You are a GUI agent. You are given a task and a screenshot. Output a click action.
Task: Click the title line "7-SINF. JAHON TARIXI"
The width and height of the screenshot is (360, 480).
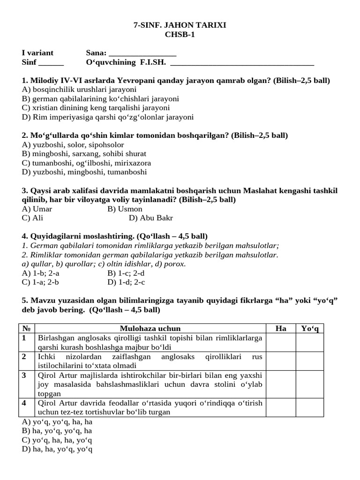[x=180, y=25]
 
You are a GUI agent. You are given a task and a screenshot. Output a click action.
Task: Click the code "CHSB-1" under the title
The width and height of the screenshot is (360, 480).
[x=180, y=34]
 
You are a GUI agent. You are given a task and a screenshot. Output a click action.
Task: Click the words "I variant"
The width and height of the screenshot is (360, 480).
[x=38, y=53]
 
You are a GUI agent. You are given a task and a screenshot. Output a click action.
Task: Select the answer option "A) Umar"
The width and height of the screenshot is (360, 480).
[x=37, y=209]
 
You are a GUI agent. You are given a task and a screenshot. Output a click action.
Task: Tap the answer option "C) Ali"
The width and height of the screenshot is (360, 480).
[x=32, y=218]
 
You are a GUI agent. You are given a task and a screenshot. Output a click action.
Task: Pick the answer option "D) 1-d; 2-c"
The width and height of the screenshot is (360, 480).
[x=126, y=282]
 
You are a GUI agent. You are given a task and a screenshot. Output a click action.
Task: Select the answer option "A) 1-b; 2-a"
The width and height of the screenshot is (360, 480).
[x=41, y=273]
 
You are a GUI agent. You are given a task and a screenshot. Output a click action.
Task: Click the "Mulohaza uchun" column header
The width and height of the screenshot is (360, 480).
[x=150, y=329]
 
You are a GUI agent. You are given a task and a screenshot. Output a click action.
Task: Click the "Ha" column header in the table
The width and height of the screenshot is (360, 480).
[x=281, y=329]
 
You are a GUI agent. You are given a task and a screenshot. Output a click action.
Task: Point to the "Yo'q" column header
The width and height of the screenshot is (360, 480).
[x=309, y=329]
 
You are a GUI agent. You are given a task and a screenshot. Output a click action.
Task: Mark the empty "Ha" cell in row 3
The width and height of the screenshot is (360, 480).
[x=281, y=384]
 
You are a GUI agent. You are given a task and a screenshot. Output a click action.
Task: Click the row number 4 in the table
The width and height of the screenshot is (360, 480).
[x=24, y=403]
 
